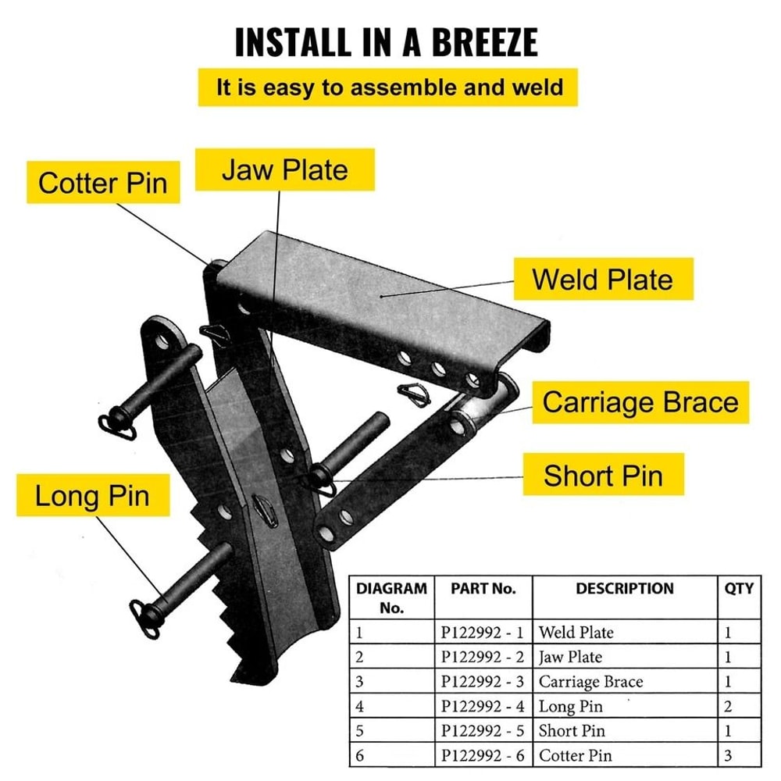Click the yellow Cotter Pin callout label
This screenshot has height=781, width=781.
(103, 183)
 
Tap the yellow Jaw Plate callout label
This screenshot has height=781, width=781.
(284, 169)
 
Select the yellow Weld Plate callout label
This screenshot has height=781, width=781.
(602, 279)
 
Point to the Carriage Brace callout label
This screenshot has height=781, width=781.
(640, 402)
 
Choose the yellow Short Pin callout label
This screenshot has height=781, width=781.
(602, 475)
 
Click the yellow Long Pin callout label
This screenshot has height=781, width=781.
(92, 496)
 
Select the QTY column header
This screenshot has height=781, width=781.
(739, 588)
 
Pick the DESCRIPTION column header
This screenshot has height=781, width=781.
(625, 588)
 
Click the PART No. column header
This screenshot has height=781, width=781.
(483, 588)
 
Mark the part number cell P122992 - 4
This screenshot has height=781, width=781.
(483, 707)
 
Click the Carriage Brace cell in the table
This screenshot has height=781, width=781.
(590, 682)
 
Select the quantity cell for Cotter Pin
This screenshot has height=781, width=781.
(729, 756)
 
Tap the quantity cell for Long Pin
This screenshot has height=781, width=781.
(729, 707)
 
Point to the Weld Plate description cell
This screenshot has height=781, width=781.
(576, 632)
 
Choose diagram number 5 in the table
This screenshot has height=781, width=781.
(359, 732)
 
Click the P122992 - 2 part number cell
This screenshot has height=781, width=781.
(483, 657)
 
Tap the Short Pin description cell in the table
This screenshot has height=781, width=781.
(572, 732)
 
